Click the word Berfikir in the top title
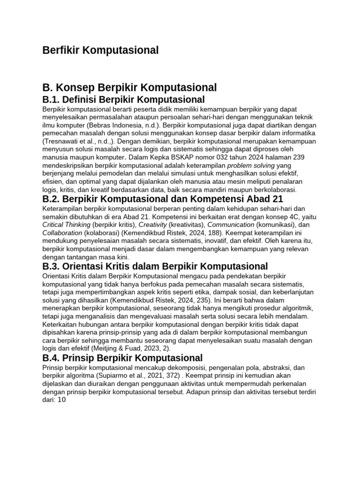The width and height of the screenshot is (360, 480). click(x=60, y=50)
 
